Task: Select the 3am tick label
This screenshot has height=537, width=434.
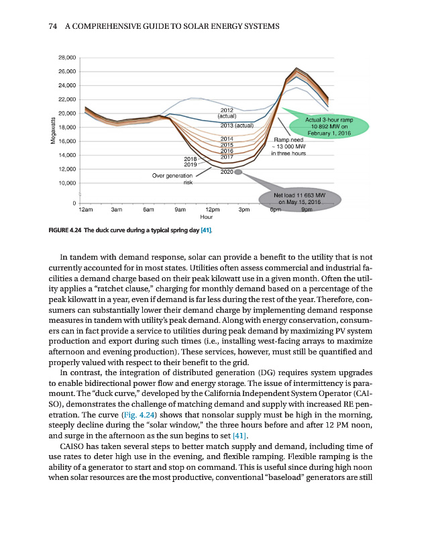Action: pyautogui.click(x=116, y=210)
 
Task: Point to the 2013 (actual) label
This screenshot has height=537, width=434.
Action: pyautogui.click(x=236, y=126)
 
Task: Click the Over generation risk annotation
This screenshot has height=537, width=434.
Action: pyautogui.click(x=173, y=179)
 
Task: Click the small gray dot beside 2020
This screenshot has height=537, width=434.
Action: pyautogui.click(x=237, y=172)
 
